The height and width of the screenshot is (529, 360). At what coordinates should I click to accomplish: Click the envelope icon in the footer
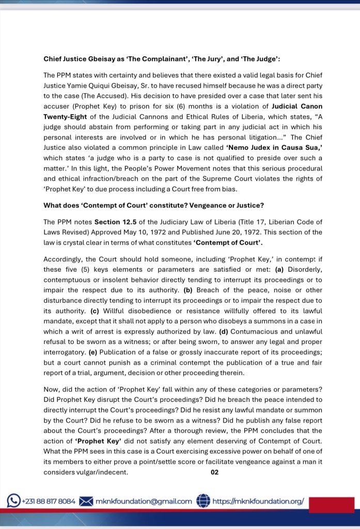point(86,501)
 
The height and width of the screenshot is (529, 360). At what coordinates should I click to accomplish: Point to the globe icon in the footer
point(204,501)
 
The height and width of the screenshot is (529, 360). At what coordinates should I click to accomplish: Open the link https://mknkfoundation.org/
point(258,501)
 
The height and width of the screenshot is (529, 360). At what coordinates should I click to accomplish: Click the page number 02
point(215,472)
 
